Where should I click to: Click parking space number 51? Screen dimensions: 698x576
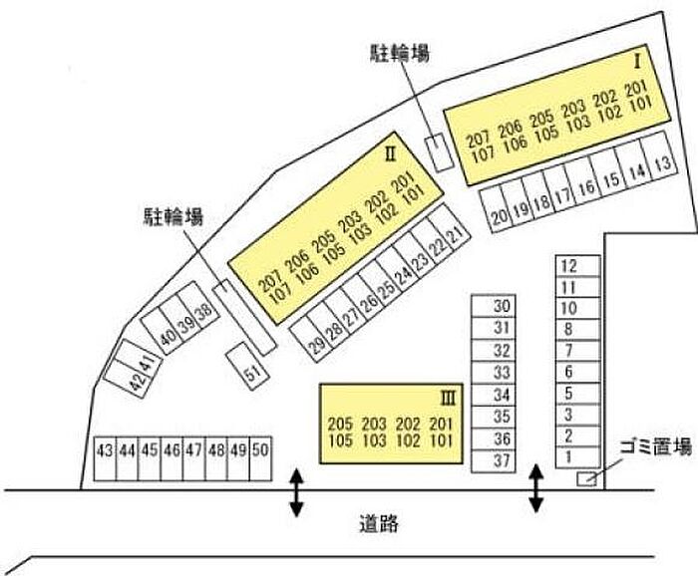pyautogui.click(x=248, y=366)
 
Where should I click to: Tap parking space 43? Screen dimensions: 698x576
pyautogui.click(x=105, y=458)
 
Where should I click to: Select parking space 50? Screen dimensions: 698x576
pyautogui.click(x=260, y=458)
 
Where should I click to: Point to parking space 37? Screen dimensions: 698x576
pyautogui.click(x=494, y=461)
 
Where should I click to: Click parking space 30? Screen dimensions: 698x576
pyautogui.click(x=494, y=306)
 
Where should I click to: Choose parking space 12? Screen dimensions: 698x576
pyautogui.click(x=577, y=266)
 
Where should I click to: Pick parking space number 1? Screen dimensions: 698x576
pyautogui.click(x=577, y=456)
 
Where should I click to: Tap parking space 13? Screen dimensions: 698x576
pyautogui.click(x=659, y=156)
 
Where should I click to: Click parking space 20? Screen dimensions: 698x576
pyautogui.click(x=495, y=210)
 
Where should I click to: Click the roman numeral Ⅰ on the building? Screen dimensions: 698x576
pyautogui.click(x=637, y=62)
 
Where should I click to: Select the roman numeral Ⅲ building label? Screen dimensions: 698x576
pyautogui.click(x=448, y=400)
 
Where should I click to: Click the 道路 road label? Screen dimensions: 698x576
pyautogui.click(x=379, y=524)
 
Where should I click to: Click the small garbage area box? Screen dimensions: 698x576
pyautogui.click(x=586, y=478)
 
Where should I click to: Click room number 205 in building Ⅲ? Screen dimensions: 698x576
pyautogui.click(x=340, y=424)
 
